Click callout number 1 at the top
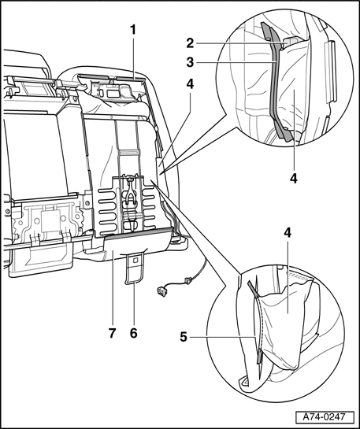point(133,30)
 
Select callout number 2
point(190,43)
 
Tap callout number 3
point(190,62)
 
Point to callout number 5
point(184,337)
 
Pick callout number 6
point(134,333)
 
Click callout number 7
point(112,333)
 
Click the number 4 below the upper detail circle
point(294,179)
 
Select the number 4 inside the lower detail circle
point(288,233)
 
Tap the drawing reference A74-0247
point(324,417)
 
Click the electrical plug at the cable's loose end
point(162,290)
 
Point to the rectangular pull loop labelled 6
point(135,268)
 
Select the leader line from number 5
point(223,338)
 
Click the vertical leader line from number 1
point(133,58)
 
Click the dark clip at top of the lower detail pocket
point(253,289)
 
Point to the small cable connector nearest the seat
point(187,280)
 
